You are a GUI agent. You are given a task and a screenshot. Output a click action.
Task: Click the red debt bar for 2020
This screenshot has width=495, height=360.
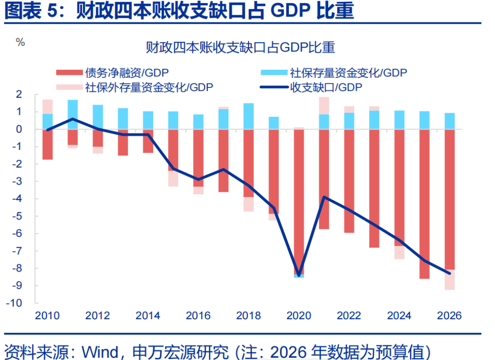click(299, 202)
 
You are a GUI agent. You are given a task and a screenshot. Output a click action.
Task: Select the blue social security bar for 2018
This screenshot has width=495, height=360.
click(248, 116)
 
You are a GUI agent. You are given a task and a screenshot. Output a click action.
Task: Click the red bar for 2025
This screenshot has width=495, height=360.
click(424, 204)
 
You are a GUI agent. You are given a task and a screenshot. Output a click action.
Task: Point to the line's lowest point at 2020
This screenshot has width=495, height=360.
click(299, 275)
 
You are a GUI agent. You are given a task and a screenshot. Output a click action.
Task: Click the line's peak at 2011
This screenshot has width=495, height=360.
click(73, 119)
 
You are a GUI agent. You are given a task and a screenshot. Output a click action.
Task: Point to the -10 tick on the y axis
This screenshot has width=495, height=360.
click(16, 303)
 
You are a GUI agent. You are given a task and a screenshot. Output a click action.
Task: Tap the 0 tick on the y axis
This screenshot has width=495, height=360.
click(19, 129)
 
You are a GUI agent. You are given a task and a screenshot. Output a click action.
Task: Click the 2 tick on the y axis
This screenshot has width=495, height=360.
click(19, 94)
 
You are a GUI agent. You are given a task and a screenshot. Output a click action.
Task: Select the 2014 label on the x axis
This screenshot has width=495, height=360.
click(148, 316)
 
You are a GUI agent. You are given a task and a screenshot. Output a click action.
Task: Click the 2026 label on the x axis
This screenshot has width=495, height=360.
click(449, 316)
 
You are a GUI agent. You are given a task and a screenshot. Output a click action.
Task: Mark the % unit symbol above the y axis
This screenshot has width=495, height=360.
click(20, 42)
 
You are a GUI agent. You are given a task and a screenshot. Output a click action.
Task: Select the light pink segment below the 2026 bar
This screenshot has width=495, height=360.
click(450, 279)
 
